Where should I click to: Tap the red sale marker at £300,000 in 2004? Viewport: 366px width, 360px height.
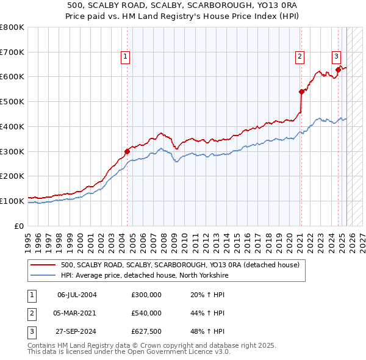(x=127, y=151)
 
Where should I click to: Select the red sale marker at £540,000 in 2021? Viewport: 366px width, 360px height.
(x=301, y=92)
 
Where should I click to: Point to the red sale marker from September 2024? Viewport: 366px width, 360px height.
(x=338, y=70)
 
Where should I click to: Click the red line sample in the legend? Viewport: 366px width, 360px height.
(x=43, y=265)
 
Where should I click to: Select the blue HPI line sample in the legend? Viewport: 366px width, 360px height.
(x=43, y=275)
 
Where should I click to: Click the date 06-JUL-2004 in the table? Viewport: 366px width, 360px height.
(x=77, y=295)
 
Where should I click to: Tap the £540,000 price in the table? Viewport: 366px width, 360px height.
(x=146, y=313)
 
